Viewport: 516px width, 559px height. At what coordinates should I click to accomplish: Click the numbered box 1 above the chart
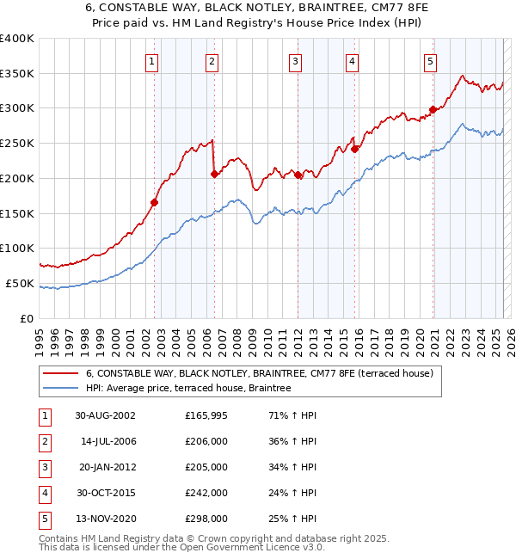click(151, 61)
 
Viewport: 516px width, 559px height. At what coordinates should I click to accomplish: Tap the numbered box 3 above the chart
click(295, 61)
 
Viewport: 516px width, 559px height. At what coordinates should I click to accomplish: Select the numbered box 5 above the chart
click(429, 61)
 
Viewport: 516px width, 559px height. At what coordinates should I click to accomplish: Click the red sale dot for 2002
click(155, 203)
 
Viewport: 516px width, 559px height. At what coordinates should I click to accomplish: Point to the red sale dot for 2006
click(214, 175)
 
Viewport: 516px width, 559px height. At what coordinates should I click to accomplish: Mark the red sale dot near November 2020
click(433, 109)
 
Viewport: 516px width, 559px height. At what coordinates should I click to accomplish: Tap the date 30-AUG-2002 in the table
click(105, 415)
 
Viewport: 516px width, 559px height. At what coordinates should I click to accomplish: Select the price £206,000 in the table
click(206, 441)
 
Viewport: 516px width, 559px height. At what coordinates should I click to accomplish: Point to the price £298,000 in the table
click(206, 519)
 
